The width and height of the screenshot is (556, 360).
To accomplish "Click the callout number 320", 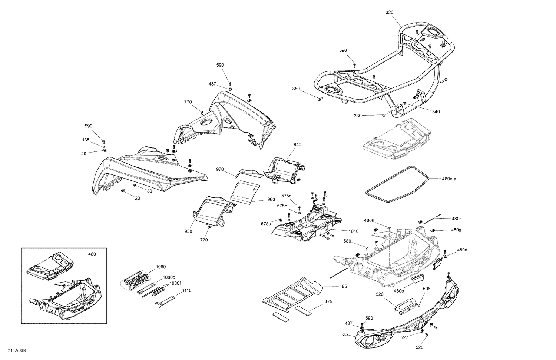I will (389, 12).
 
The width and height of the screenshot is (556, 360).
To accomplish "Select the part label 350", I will (296, 89).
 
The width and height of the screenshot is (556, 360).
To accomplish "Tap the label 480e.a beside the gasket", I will (449, 179).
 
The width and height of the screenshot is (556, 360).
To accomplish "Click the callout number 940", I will (297, 144).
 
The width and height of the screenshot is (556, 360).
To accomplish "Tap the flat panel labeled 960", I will (245, 193).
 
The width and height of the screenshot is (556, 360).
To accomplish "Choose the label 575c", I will (265, 224).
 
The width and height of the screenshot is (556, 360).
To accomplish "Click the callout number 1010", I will (353, 231).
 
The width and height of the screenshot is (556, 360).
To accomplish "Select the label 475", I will (328, 301).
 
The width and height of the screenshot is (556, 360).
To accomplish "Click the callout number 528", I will (419, 347).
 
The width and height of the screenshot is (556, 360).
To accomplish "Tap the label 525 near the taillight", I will (344, 334).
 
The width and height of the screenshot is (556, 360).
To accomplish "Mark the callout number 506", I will (427, 289).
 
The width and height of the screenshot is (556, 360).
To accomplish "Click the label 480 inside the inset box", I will (92, 254).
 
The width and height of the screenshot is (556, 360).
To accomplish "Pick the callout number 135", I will (86, 140).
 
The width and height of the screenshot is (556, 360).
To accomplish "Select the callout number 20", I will (137, 198).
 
